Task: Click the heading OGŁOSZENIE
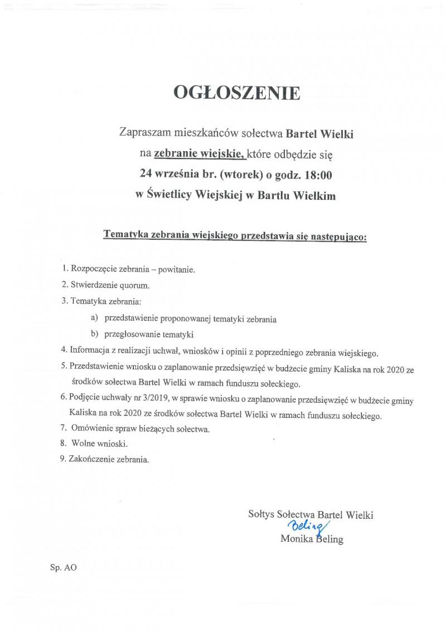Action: coord(237,93)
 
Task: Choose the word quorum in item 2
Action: coord(138,285)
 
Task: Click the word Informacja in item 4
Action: coord(90,352)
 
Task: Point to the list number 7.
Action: coord(62,429)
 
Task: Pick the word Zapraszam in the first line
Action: coord(143,133)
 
